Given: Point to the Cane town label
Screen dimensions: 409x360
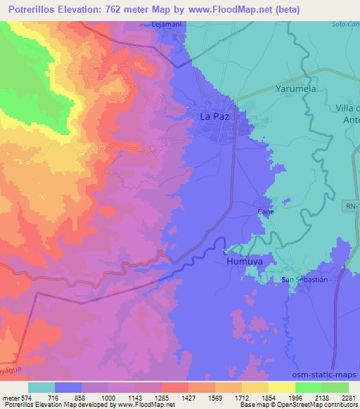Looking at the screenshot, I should [265, 211].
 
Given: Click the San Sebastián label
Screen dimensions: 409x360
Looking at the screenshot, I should [305, 280].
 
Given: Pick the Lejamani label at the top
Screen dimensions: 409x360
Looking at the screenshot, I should [167, 24].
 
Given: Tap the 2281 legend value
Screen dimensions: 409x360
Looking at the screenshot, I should [348, 397].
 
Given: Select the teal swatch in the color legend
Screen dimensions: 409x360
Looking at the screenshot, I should [41, 387].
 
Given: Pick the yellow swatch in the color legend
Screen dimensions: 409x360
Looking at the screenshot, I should [282, 387].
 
